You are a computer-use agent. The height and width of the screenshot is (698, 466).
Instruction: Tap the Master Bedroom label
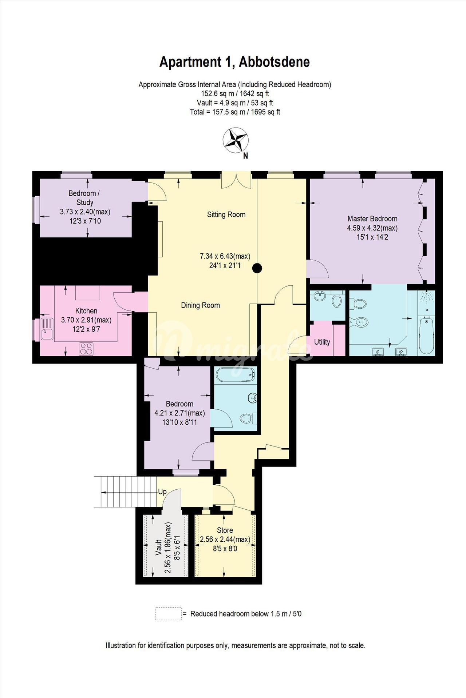click(372, 218)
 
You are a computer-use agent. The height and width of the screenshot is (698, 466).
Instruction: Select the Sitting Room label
click(226, 214)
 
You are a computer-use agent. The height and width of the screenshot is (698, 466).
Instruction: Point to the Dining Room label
click(200, 305)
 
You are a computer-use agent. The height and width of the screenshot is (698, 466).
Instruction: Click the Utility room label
click(322, 342)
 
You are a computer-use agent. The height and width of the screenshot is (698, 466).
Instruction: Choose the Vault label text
click(159, 547)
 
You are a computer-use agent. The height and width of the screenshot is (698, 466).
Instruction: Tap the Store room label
click(225, 530)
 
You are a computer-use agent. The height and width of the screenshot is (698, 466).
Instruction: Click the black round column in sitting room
click(257, 268)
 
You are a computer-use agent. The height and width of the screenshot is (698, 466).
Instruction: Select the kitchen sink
click(47, 329)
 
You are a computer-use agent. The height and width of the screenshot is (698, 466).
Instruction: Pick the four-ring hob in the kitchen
click(86, 349)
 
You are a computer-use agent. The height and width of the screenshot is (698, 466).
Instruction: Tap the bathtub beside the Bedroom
click(236, 375)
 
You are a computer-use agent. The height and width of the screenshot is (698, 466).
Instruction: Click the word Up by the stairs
click(162, 492)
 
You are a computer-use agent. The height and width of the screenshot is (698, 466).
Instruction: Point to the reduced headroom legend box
click(169, 614)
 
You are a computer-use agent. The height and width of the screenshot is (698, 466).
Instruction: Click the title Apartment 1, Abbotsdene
click(235, 62)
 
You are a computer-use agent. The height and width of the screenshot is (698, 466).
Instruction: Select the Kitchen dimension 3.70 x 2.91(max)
click(86, 320)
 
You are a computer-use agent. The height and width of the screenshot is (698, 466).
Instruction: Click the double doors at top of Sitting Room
click(236, 180)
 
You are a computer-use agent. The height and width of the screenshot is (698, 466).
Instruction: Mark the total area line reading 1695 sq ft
click(235, 112)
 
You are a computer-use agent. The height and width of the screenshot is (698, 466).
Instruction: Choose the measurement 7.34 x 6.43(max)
click(225, 256)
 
